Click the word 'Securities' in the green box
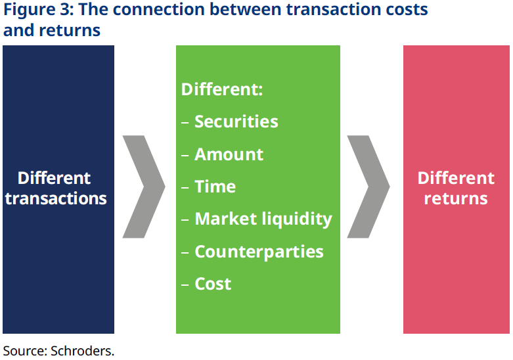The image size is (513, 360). [x=236, y=122]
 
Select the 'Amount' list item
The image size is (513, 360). [x=229, y=154]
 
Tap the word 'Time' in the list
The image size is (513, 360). [x=215, y=187]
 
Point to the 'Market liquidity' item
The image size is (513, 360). [x=263, y=219]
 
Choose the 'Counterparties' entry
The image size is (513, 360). [x=259, y=252]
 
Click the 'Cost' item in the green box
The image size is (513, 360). [x=213, y=284]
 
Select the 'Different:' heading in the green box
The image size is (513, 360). [x=222, y=89]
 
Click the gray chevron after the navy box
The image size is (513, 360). [x=144, y=187]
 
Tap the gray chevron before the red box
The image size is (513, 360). [x=368, y=187]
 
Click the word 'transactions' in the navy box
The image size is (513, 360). [x=56, y=198]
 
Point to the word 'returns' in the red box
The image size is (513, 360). [x=456, y=198]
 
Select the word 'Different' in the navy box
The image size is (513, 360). [x=55, y=178]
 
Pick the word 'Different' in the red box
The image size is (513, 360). [x=456, y=178]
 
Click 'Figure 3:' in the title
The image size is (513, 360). [x=37, y=11]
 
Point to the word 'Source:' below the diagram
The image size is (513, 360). [x=25, y=351]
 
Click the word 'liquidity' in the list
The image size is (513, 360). [x=297, y=219]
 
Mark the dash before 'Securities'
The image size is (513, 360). [x=185, y=122]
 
